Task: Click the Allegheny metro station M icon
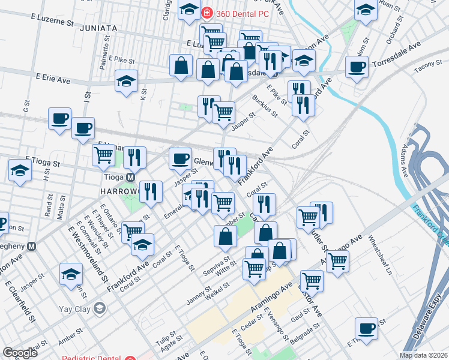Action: pyautogui.click(x=32, y=246)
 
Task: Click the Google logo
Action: pyautogui.click(x=20, y=353)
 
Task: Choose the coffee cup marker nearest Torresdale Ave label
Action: pyautogui.click(x=357, y=67)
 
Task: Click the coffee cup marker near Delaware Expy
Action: pyautogui.click(x=366, y=328)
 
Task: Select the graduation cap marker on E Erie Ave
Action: pyautogui.click(x=127, y=82)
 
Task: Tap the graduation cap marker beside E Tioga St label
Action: pyautogui.click(x=20, y=170)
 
